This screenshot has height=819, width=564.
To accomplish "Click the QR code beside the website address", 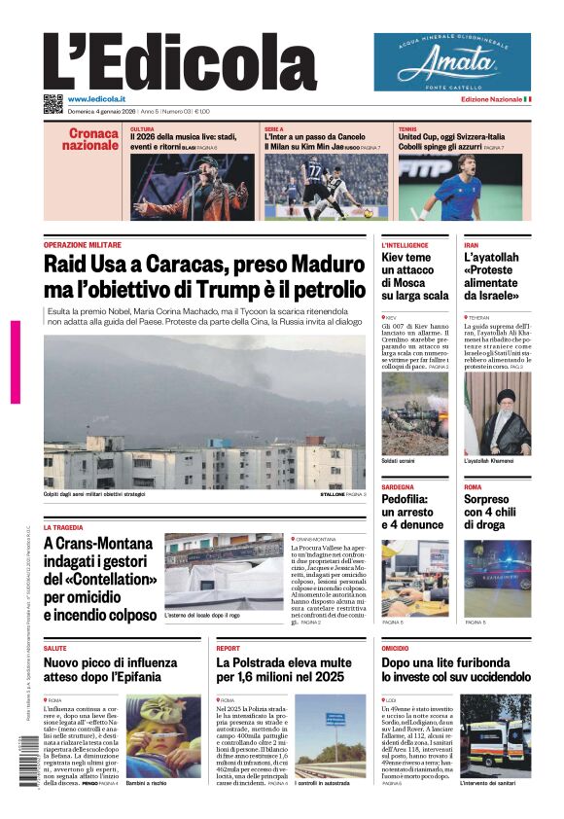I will (53, 104).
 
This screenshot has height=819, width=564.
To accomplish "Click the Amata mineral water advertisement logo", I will (452, 62).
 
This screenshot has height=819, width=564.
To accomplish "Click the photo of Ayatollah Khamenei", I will (497, 413).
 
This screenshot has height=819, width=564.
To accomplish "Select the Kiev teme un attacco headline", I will (415, 276).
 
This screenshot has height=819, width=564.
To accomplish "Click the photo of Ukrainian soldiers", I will (415, 413).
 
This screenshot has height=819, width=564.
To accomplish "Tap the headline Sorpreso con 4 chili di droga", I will (495, 512).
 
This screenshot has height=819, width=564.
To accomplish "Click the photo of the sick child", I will (163, 735).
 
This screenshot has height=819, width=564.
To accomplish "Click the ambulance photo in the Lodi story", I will (496, 735).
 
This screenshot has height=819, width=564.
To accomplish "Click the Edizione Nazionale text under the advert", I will (491, 99).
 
